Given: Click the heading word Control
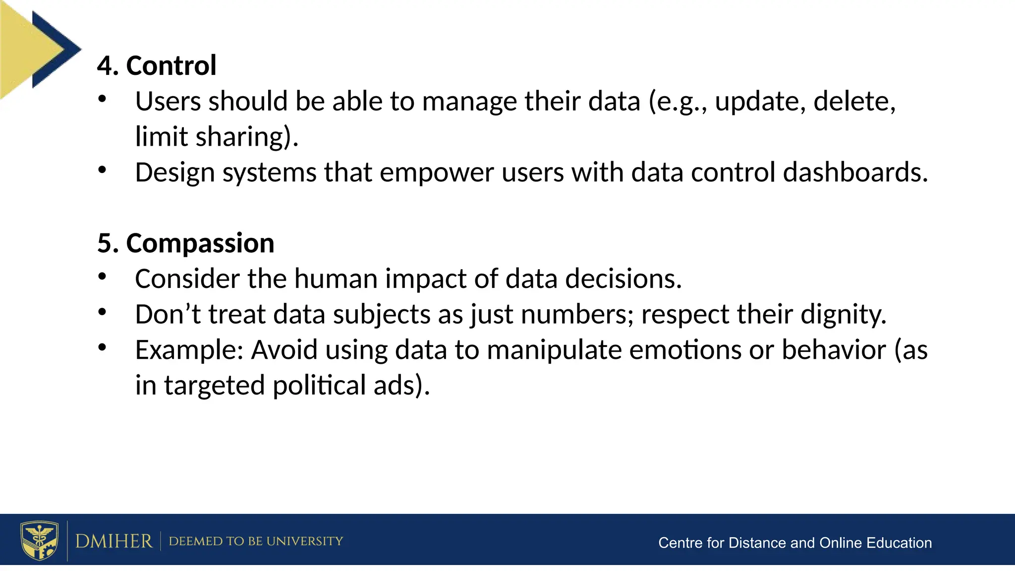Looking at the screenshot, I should tap(171, 65).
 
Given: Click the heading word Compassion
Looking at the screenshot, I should tap(200, 243).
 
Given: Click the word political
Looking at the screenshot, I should tap(319, 386).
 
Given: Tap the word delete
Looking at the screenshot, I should tap(854, 102).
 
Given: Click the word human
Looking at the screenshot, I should tap(336, 279).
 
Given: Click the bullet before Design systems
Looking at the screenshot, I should tap(102, 171).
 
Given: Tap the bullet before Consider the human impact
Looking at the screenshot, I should tap(102, 277).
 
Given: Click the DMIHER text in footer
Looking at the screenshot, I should tap(114, 541).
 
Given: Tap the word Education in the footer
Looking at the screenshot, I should tap(899, 543).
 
